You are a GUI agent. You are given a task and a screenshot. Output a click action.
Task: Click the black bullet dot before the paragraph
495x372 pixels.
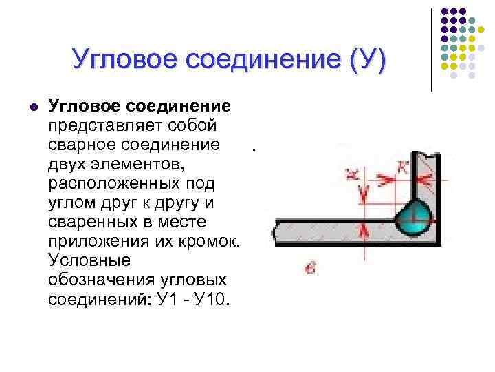coord(32,107)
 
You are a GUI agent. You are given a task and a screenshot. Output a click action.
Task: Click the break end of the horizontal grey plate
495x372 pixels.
coord(276,231)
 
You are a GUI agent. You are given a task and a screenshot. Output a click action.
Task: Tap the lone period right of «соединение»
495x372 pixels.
coord(253,148)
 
